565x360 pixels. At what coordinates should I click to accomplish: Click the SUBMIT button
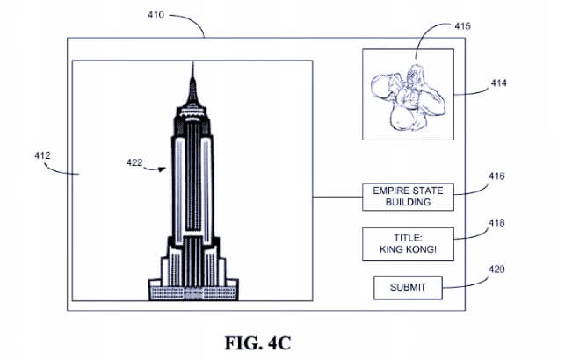408,288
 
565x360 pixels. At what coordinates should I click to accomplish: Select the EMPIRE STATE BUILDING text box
408,197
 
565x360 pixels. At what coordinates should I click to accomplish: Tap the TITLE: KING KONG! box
408,244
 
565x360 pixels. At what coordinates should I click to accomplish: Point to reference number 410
156,15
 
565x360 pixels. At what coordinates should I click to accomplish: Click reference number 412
42,156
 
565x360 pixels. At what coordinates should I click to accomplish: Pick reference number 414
499,83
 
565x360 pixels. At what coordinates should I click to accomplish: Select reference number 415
462,26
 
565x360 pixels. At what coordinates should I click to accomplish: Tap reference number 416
496,176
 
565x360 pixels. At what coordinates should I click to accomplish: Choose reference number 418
496,223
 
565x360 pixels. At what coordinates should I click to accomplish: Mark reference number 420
496,270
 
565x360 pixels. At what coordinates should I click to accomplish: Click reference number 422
134,162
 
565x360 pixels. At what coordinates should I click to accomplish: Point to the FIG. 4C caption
257,343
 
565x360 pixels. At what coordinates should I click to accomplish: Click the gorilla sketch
408,97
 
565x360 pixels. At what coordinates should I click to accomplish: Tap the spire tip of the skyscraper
192,62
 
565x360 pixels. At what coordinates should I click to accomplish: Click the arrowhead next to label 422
163,169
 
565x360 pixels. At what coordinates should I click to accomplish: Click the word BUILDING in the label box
408,202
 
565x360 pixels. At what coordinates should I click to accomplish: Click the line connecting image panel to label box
337,197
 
